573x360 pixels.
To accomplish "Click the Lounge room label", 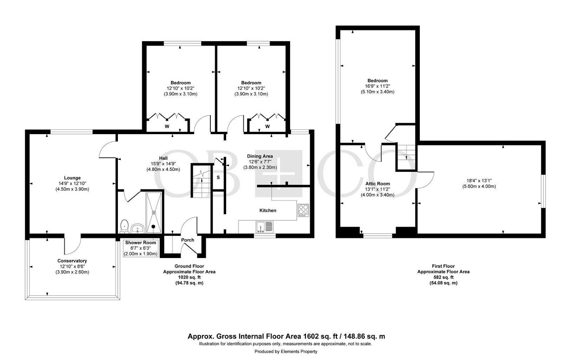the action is pos(72,178).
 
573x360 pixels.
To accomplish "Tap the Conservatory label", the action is pos(72,261).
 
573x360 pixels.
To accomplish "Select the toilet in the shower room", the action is pos(125,226).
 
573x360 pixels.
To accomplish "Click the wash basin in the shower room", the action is pos(138,228).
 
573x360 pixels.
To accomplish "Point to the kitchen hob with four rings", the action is pos(304,210).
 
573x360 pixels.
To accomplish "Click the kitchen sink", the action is pos(265,227).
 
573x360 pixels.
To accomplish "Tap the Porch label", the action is pos(188,240).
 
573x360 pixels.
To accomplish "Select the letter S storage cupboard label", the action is pos(218,177).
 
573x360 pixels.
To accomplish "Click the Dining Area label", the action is pos(260,156).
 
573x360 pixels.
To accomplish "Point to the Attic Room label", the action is pos(377,183).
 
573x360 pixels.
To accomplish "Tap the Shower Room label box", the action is pos(140,248).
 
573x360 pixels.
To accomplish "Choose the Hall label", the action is pos(163,158).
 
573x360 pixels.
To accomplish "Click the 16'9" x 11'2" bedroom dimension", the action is pos(377,86).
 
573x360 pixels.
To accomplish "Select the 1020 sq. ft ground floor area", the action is pos(189,277).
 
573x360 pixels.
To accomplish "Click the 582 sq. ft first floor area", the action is pos(443,277).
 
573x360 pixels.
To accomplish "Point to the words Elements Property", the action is pos(299,352).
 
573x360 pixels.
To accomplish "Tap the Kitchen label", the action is pos(268,210).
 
